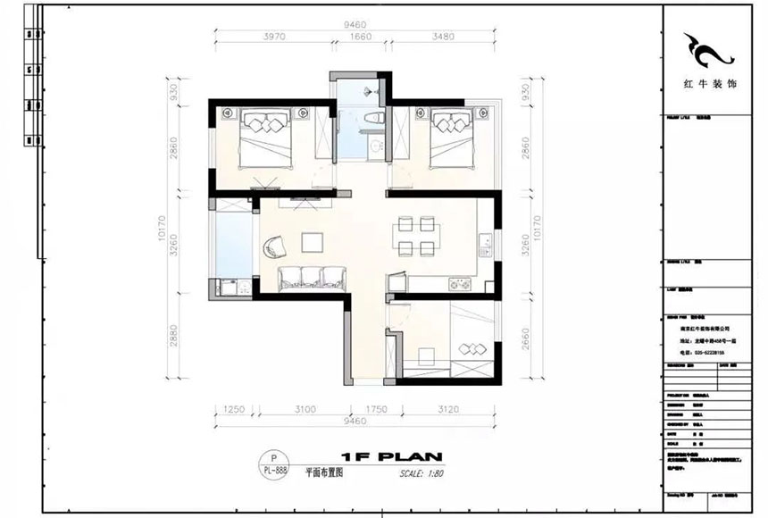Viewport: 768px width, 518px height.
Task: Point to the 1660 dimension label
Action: (360, 38)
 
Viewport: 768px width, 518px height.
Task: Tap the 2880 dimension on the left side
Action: (176, 340)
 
